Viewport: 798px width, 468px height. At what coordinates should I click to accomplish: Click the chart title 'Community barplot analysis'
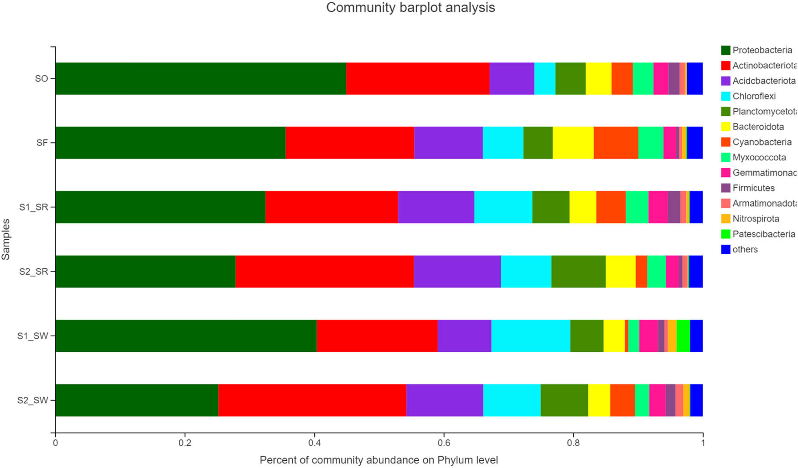click(x=410, y=8)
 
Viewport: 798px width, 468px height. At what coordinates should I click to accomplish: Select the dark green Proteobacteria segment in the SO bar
click(x=201, y=78)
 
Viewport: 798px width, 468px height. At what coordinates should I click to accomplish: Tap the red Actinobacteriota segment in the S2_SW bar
click(x=312, y=400)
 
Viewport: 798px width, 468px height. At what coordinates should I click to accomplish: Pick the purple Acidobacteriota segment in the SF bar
click(x=448, y=143)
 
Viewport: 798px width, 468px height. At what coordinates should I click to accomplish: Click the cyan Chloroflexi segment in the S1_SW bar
click(x=530, y=336)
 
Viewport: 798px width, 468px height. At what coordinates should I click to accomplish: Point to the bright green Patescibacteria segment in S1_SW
click(x=683, y=336)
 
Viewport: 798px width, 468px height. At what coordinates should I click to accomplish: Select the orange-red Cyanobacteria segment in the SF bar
click(x=616, y=143)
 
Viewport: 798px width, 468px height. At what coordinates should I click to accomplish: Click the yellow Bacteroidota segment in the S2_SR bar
click(x=620, y=272)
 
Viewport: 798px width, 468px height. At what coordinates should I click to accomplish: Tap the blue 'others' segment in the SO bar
click(x=694, y=78)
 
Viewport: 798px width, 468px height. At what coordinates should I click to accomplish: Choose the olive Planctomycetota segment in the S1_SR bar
click(x=550, y=207)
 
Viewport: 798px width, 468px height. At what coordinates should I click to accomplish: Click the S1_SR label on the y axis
click(x=33, y=207)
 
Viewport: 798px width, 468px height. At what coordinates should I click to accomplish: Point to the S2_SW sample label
click(x=32, y=401)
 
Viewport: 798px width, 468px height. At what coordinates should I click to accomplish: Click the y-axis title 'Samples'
click(x=6, y=239)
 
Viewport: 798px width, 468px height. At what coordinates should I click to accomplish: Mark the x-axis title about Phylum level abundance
click(x=378, y=460)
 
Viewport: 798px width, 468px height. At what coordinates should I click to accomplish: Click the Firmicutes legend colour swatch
click(x=725, y=188)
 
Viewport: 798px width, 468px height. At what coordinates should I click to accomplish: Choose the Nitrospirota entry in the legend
click(x=756, y=219)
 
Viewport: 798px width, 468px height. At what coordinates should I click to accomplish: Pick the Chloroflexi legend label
click(x=754, y=96)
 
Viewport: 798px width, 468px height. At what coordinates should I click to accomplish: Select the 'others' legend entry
click(x=745, y=249)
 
